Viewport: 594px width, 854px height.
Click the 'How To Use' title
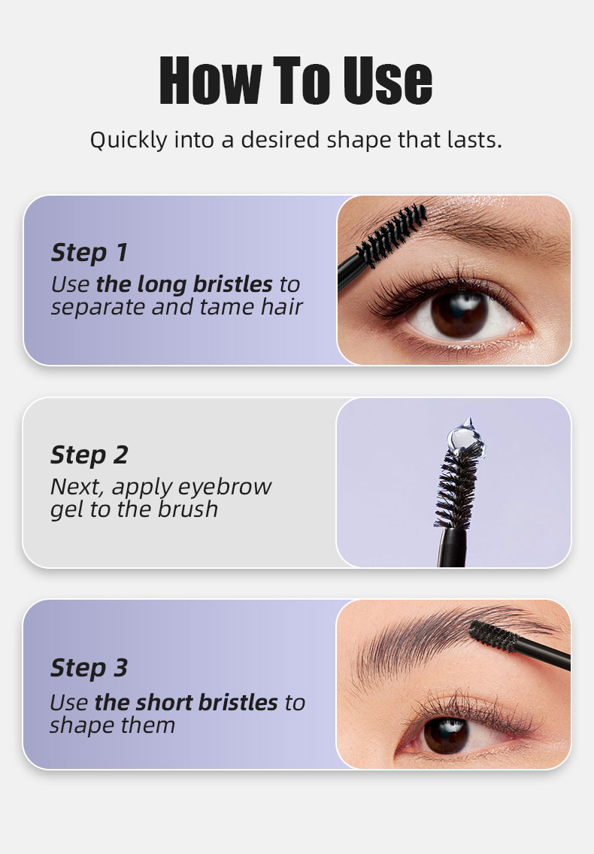[296, 81]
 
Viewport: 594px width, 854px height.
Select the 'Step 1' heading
[89, 253]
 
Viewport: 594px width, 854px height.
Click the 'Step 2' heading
[89, 455]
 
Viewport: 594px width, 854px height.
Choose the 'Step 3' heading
[89, 667]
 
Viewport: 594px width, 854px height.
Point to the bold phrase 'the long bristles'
[184, 284]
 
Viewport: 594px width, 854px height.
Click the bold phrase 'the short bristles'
[186, 703]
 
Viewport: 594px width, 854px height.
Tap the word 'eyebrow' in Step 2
[232, 487]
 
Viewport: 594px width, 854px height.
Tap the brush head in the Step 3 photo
[495, 637]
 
